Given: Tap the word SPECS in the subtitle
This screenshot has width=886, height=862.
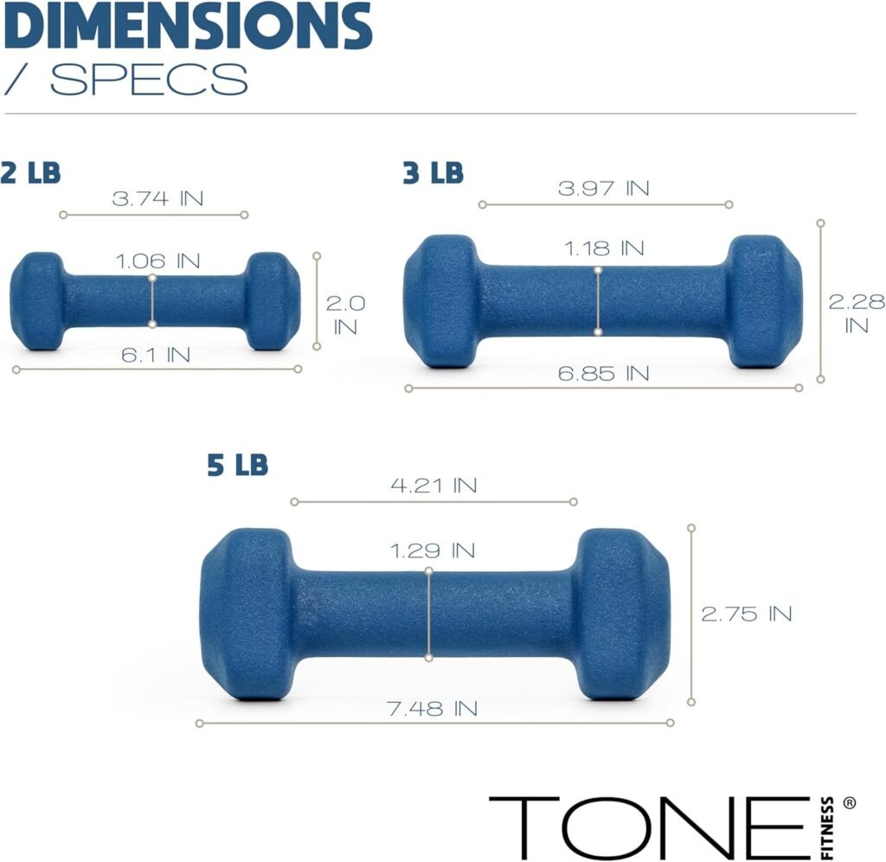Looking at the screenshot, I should (x=149, y=80).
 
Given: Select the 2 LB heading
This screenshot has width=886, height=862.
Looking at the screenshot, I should (x=31, y=172).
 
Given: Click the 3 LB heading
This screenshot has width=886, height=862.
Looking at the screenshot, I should (x=433, y=173).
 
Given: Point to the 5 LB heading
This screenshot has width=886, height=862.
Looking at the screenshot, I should (x=238, y=466).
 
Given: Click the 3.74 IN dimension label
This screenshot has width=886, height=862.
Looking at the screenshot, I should (x=157, y=198).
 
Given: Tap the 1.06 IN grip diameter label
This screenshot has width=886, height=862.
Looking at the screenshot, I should (x=157, y=261).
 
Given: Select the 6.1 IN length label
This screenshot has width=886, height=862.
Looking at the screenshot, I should (x=156, y=354).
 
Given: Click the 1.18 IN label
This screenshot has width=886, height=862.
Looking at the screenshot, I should (x=604, y=248).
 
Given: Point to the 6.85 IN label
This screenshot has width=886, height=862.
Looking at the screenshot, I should (x=603, y=374).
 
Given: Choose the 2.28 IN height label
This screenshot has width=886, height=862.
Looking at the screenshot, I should (x=857, y=313).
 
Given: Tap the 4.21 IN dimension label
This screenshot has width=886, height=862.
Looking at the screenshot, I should (x=433, y=485).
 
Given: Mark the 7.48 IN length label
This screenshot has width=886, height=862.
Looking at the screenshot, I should (x=433, y=709).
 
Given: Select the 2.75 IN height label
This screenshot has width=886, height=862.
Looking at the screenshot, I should (x=746, y=614).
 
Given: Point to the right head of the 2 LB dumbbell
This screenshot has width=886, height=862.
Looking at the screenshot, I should (x=272, y=301).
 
